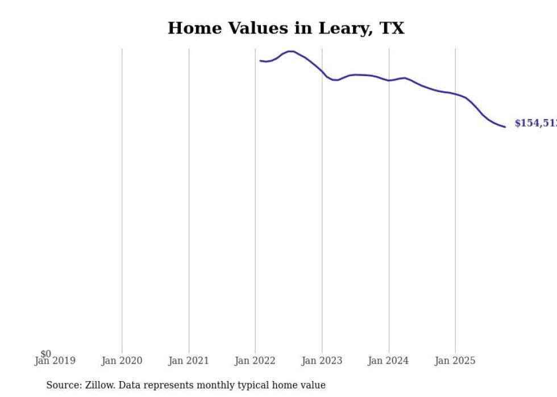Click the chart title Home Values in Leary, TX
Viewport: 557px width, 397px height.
coord(286,28)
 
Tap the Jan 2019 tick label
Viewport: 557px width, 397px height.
coord(55,361)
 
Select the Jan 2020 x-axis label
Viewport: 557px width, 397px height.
coord(122,361)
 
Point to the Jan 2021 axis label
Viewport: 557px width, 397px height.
coord(189,361)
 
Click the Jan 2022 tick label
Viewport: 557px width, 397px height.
coord(255,361)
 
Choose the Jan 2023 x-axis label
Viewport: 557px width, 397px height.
coord(322,361)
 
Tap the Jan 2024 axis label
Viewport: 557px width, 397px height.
coord(388,361)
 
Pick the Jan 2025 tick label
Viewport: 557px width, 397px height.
coord(455,361)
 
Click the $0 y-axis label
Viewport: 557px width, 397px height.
coord(45,354)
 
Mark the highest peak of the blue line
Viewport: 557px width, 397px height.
coord(290,52)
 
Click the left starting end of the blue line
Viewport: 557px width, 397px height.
coord(260,61)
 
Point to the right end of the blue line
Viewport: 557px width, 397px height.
coord(505,127)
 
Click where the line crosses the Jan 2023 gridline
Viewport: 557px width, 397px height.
coord(322,72)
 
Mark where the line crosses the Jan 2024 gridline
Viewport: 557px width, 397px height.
coord(389,81)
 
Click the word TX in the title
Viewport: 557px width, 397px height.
coord(392,28)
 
